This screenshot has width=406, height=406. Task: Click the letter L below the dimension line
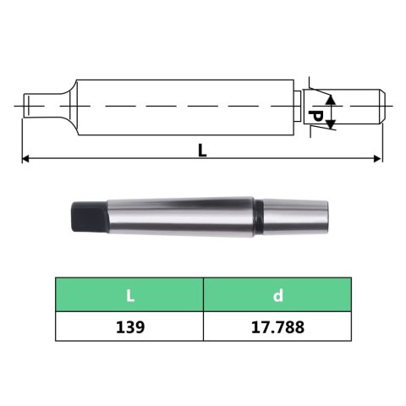pyautogui.click(x=202, y=150)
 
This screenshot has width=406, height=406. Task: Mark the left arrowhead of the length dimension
pyautogui.click(x=27, y=158)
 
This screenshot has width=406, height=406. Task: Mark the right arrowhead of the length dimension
pyautogui.click(x=377, y=158)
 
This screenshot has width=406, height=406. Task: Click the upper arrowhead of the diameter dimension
pyautogui.click(x=330, y=99)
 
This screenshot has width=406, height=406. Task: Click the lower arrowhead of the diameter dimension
pyautogui.click(x=330, y=126)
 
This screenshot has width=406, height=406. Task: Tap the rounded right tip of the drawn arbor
pyautogui.click(x=381, y=106)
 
